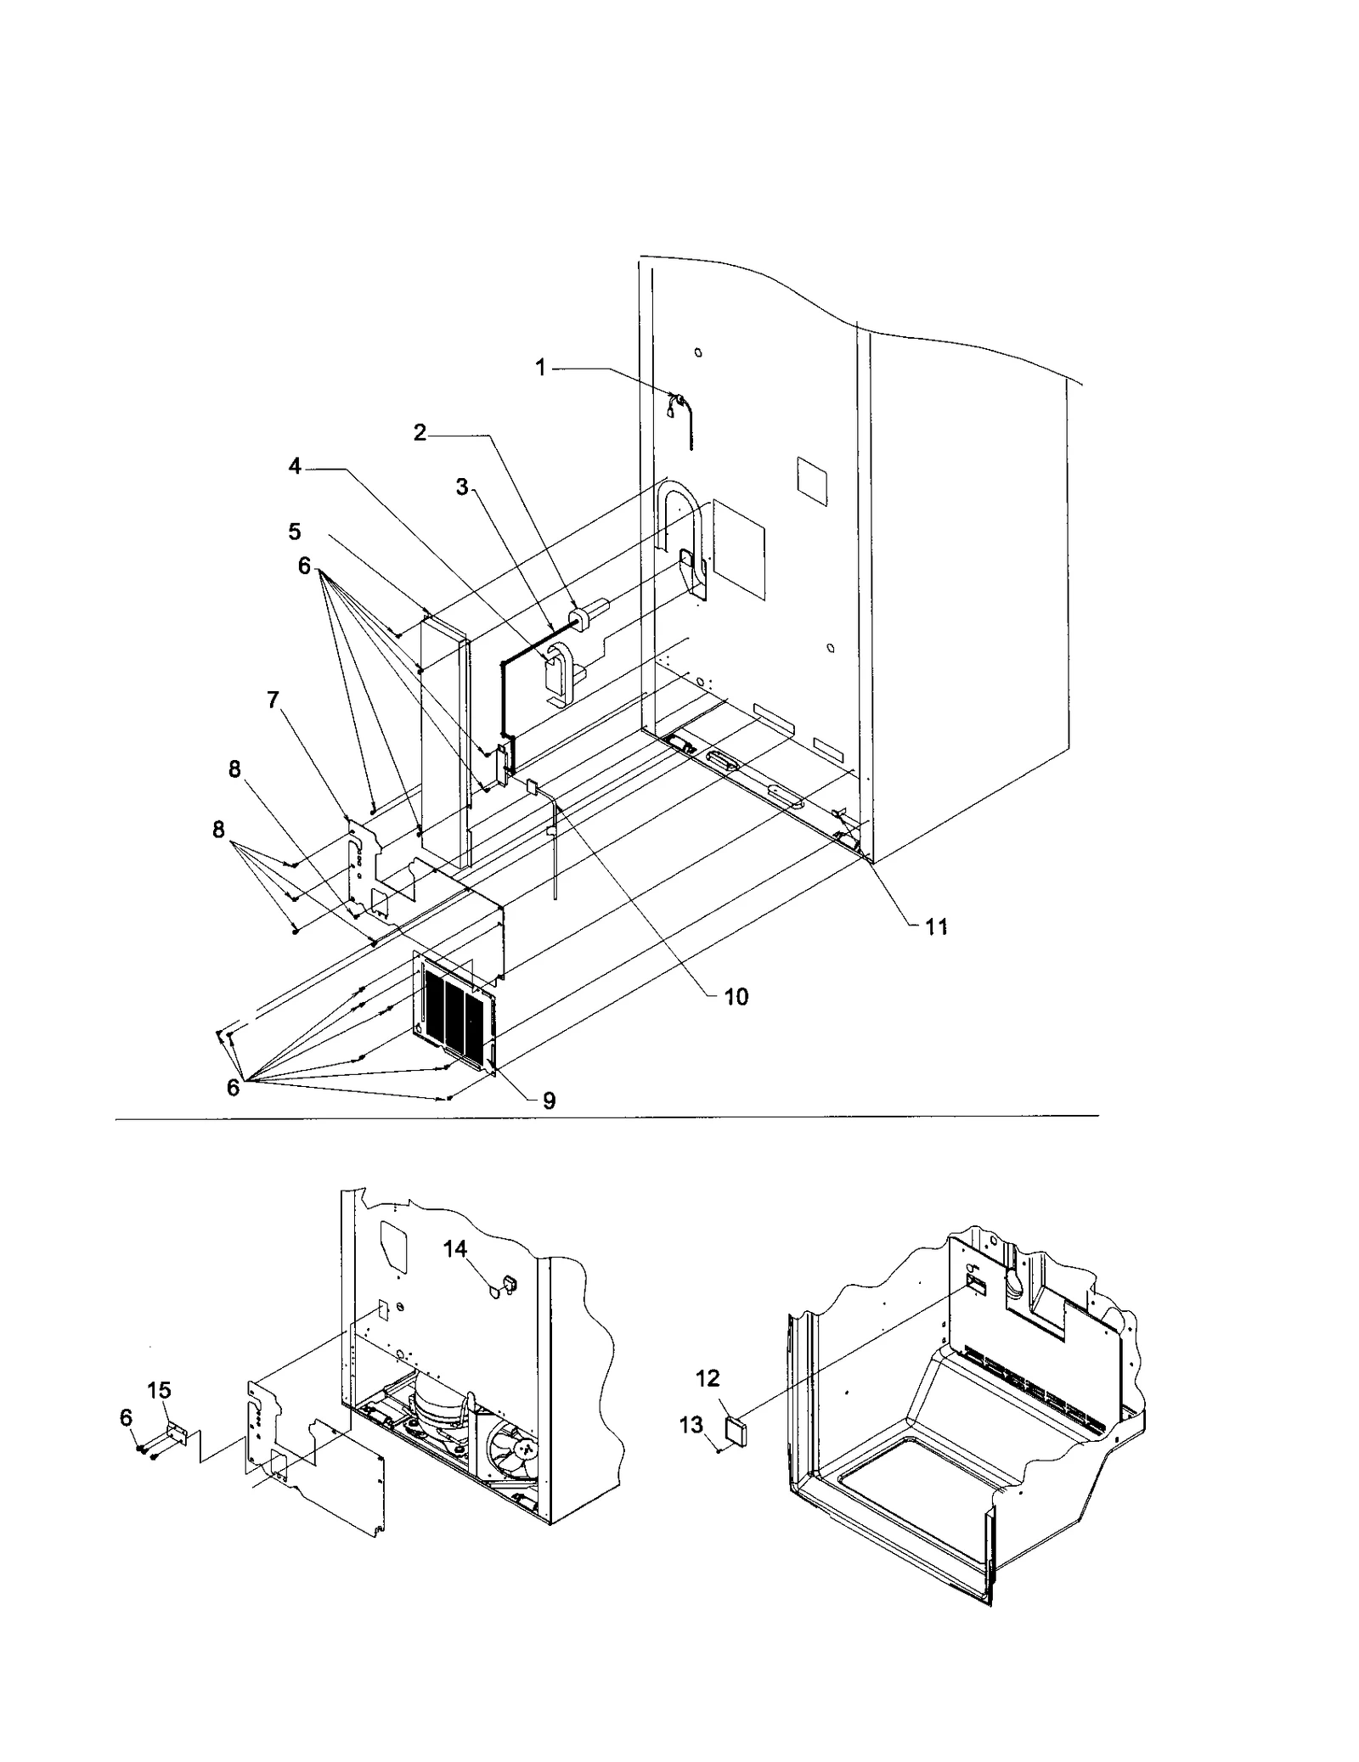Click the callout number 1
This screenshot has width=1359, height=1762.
(540, 368)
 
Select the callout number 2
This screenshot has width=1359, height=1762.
(420, 433)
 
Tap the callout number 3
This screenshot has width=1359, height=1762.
(462, 487)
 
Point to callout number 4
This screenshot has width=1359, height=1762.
(295, 466)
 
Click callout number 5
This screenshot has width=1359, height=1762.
(295, 532)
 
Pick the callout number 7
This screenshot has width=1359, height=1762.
(273, 701)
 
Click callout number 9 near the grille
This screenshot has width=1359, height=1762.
(549, 1101)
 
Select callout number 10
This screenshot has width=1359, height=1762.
(736, 997)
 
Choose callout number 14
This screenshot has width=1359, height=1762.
(455, 1248)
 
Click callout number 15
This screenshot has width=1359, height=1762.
(159, 1390)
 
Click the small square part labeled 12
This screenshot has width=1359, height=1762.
(735, 1432)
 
